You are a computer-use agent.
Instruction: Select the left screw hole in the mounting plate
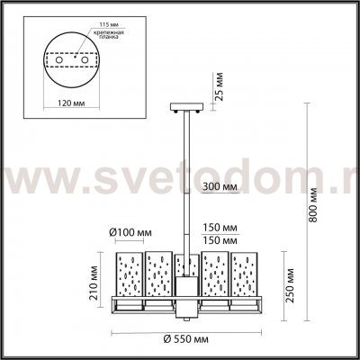point(60,64)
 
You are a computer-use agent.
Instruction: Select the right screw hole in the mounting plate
point(86,64)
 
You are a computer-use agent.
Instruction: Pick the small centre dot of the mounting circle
point(74,64)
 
